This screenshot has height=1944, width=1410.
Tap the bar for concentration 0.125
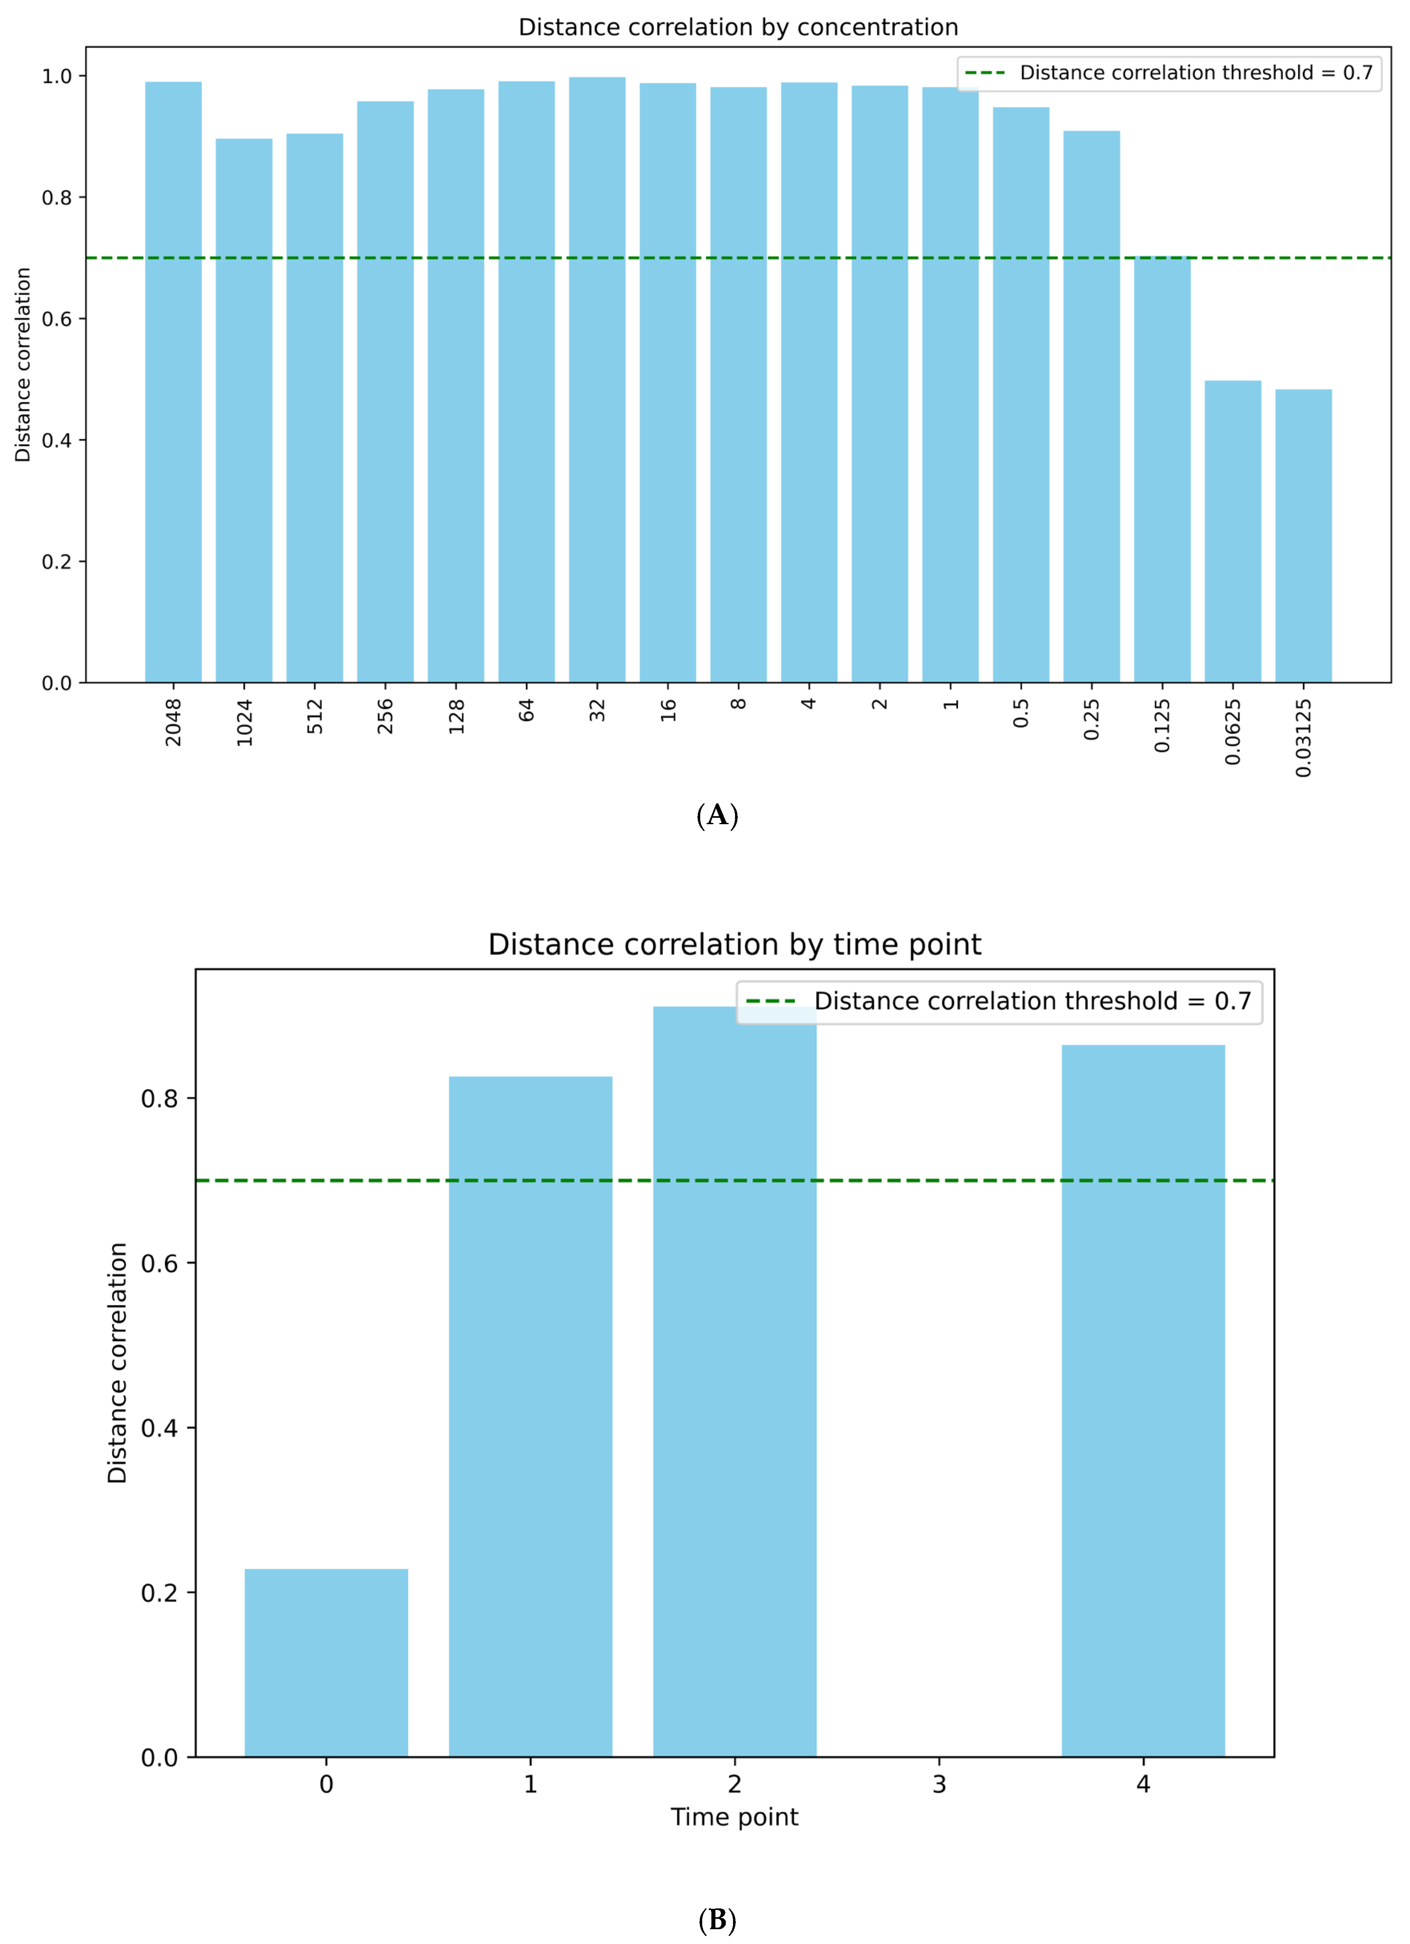(1162, 470)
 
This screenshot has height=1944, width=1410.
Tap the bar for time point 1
(531, 1417)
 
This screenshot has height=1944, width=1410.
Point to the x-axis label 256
(386, 716)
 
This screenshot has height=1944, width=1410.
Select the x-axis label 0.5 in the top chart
(1021, 713)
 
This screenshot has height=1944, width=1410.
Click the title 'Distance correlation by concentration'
(738, 28)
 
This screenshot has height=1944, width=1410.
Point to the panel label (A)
(717, 815)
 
